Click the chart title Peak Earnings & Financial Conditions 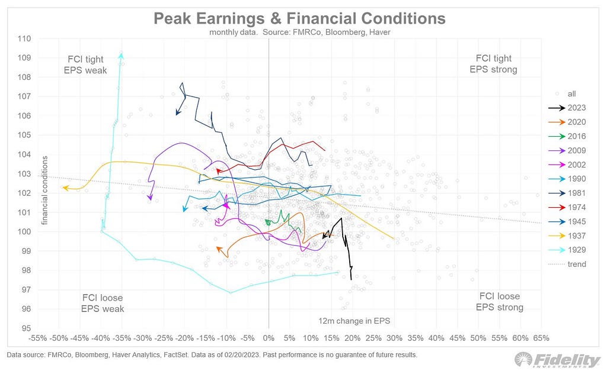click(x=299, y=18)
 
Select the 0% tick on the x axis click(x=269, y=338)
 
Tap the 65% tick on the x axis click(x=541, y=338)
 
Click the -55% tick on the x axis click(x=38, y=338)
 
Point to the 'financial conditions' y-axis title click(x=44, y=189)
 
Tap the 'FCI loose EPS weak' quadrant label click(x=102, y=303)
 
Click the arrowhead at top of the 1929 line click(x=121, y=54)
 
